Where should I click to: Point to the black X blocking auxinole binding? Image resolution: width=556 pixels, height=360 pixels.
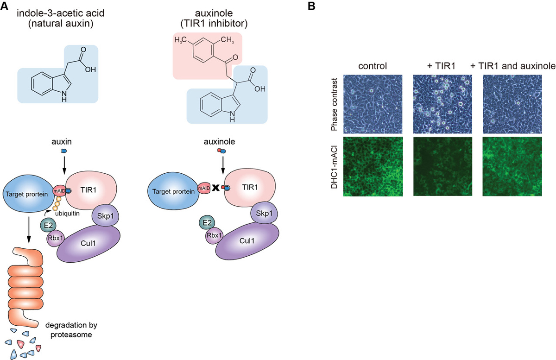(215, 189)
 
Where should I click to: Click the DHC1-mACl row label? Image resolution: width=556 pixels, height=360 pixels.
(334, 167)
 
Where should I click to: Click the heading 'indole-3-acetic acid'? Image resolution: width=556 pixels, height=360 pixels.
(57, 13)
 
